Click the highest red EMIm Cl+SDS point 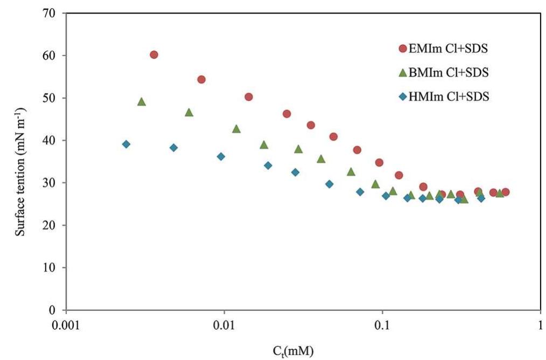(x=153, y=54)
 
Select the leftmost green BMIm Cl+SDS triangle (x=142, y=102)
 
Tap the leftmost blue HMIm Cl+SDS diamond (x=126, y=144)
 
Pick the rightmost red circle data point (x=505, y=192)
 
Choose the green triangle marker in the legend (x=402, y=72)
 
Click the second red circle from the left (x=201, y=79)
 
